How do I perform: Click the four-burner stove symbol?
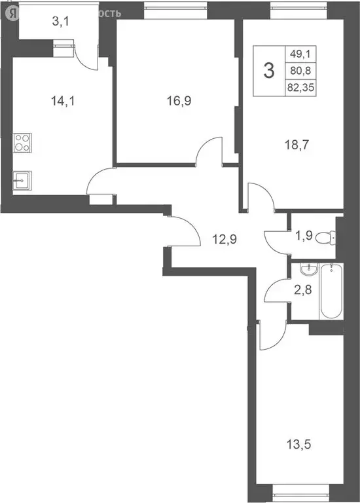21,143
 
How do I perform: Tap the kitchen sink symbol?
22,179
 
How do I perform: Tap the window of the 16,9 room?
175,9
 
